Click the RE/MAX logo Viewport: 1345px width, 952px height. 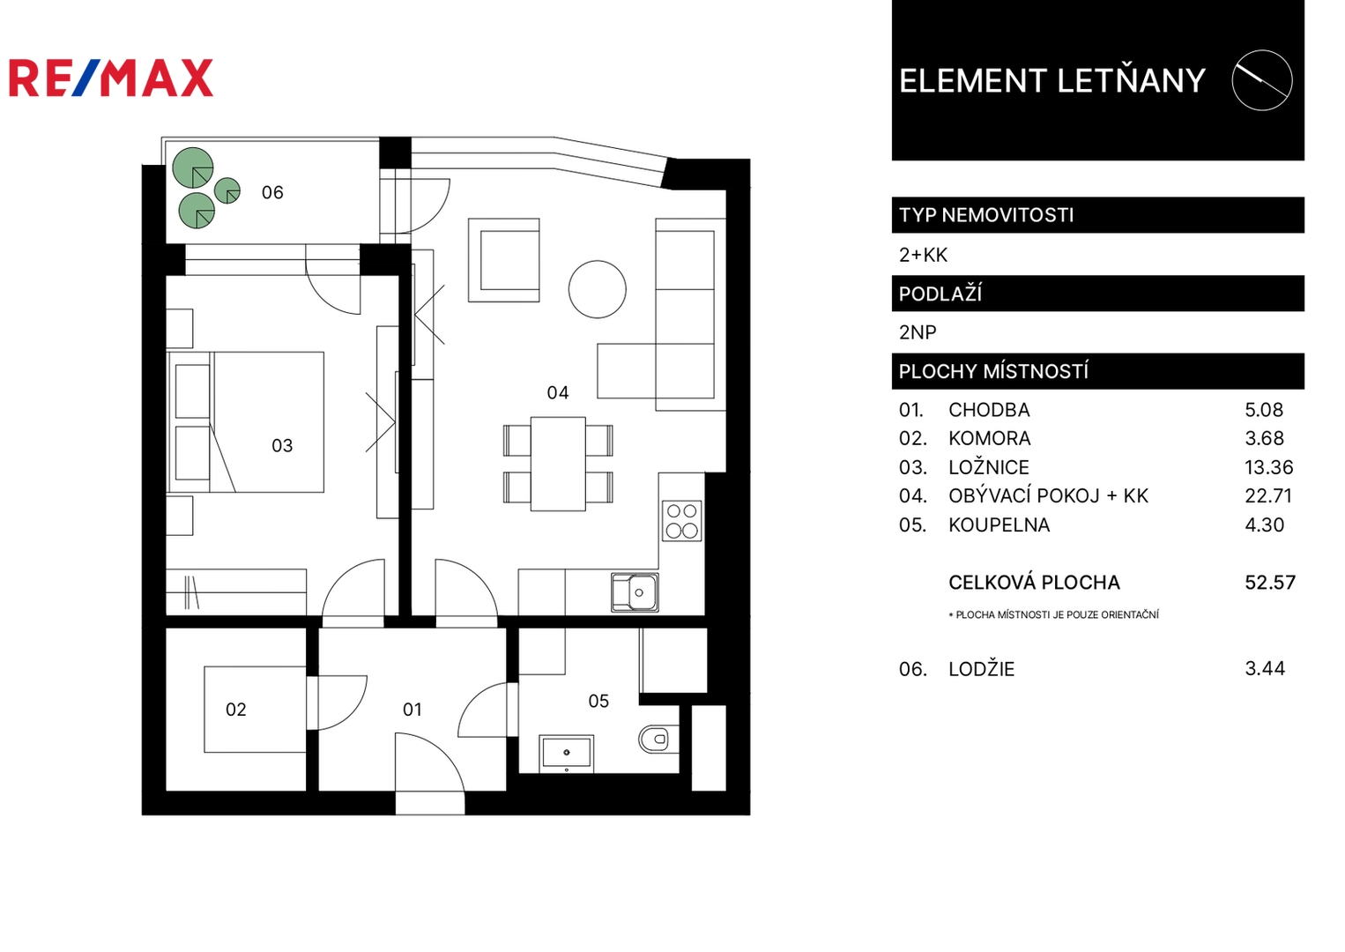(x=111, y=78)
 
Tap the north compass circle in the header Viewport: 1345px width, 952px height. (x=1262, y=80)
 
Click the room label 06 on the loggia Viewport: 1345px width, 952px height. (x=272, y=193)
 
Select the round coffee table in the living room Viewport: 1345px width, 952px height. (x=598, y=289)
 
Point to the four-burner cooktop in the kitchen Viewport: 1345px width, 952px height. (x=682, y=521)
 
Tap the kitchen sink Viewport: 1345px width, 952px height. (x=635, y=592)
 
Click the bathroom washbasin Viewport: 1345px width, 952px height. (x=566, y=754)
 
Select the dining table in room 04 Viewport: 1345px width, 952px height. (x=558, y=465)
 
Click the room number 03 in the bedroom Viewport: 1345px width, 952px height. (x=282, y=446)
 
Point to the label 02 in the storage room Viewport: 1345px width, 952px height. (x=236, y=710)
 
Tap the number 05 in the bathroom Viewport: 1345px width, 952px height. (x=598, y=701)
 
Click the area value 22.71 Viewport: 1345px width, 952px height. (x=1268, y=496)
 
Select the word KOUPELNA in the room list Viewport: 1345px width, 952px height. (x=999, y=525)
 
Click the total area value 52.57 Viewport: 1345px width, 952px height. (x=1270, y=583)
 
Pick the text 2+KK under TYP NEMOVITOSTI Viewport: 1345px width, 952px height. (x=923, y=256)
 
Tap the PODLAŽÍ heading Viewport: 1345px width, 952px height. (x=940, y=294)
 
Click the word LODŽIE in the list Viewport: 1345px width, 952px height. (x=982, y=669)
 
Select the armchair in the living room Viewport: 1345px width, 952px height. (x=504, y=260)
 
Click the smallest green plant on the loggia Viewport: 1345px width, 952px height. (x=227, y=191)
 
